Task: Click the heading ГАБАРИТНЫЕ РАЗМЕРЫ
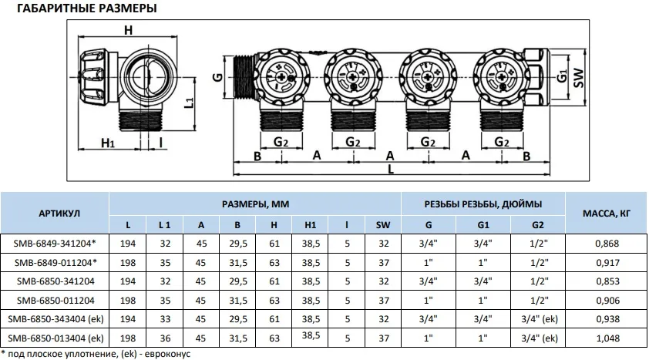86,8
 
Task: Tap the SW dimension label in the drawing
579,78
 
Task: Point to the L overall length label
390,169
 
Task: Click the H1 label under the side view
108,143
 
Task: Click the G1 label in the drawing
561,76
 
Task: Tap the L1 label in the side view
188,103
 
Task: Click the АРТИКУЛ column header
59,214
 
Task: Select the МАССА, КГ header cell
607,214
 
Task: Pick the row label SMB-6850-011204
55,301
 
